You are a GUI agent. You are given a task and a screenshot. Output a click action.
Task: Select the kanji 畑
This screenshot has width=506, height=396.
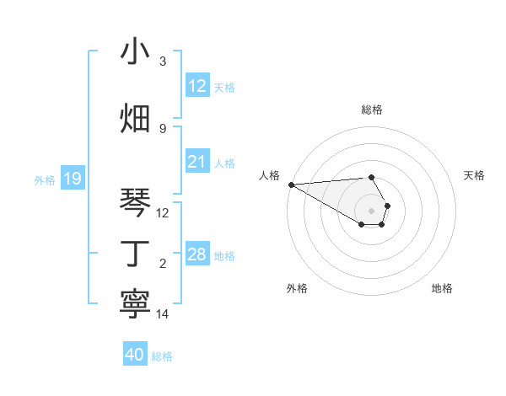(135, 117)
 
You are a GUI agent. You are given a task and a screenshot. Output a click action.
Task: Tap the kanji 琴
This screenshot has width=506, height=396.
(135, 202)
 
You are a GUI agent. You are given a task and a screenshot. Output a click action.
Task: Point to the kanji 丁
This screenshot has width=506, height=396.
(135, 252)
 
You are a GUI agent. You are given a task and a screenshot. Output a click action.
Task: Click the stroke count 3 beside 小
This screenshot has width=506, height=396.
(163, 62)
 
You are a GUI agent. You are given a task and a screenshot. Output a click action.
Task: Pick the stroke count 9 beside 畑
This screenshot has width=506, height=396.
(163, 128)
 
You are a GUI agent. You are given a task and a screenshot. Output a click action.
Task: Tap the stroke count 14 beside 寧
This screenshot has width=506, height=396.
(164, 313)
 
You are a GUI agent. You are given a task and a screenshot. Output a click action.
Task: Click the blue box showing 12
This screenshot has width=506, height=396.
(196, 86)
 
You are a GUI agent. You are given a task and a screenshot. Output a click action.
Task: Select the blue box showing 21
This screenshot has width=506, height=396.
(196, 163)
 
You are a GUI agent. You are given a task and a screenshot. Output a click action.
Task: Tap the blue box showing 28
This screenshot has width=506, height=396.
(196, 254)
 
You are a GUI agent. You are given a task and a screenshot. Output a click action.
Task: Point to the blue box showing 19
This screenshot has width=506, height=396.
(72, 179)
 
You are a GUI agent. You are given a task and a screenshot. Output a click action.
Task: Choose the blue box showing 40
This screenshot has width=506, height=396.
(135, 356)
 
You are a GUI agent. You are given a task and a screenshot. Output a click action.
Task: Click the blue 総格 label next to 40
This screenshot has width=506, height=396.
(162, 356)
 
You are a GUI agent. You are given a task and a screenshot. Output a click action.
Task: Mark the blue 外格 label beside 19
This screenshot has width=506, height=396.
(45, 179)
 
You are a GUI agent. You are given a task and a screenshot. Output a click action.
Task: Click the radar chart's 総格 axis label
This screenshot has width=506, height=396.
(372, 110)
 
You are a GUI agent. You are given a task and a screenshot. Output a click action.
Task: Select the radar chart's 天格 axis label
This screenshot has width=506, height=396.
(475, 175)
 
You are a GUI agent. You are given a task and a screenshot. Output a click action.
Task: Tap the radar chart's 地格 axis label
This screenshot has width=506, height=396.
(442, 288)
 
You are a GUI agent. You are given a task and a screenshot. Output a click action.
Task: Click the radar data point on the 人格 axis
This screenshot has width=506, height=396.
(291, 184)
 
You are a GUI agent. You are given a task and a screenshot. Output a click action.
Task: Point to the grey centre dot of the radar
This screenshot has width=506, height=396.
(372, 210)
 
